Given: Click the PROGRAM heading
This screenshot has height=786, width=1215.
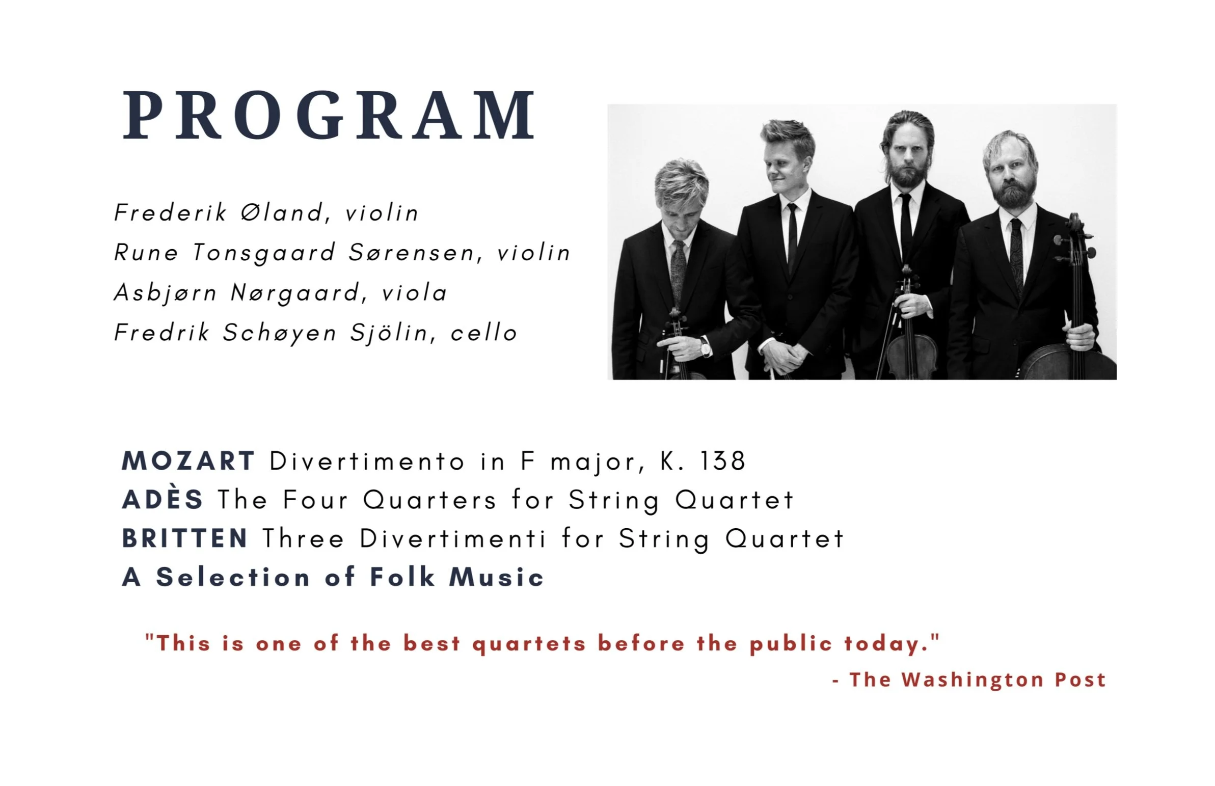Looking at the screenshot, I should click(329, 115).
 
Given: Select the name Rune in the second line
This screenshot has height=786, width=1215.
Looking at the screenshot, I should click(146, 252).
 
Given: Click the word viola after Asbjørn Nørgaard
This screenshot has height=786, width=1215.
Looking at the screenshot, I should click(414, 292).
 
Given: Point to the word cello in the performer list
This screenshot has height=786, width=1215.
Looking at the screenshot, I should click(484, 333).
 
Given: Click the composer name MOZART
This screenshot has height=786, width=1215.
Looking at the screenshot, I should click(188, 461).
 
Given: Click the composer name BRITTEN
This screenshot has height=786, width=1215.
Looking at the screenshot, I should click(185, 538).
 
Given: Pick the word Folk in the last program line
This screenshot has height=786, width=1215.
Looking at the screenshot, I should click(402, 577).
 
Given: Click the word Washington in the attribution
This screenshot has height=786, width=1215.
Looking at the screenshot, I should click(973, 680).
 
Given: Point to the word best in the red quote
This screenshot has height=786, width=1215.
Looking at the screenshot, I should click(431, 643).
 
